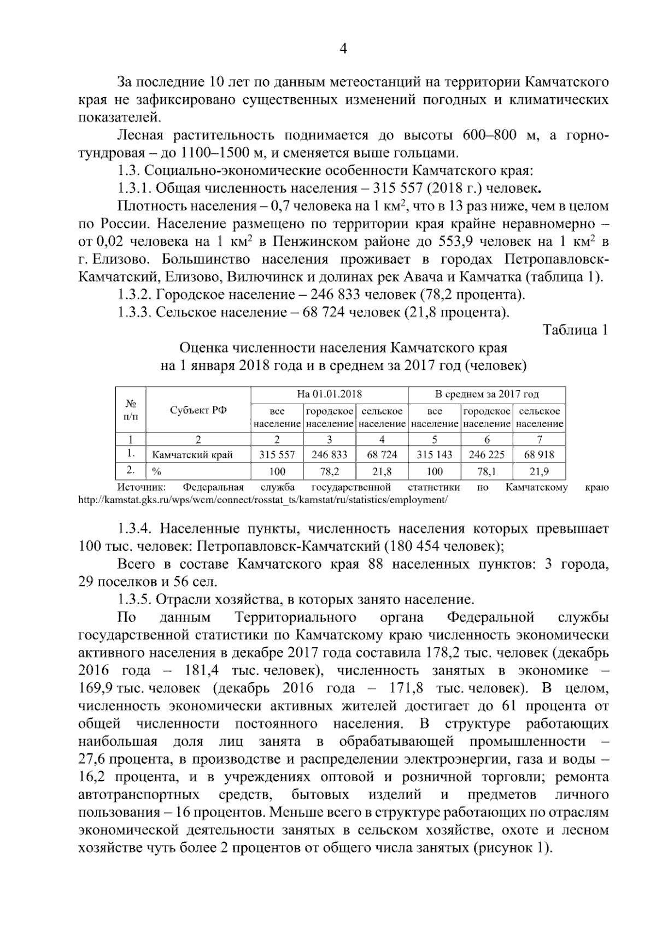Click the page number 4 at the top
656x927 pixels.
(x=343, y=49)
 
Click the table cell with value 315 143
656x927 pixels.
(x=435, y=454)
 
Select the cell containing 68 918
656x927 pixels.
(x=539, y=454)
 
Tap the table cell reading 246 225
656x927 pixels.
(x=487, y=454)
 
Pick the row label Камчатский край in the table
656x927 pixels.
(x=192, y=455)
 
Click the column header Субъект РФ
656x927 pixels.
(x=198, y=411)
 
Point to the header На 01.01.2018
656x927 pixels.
(x=329, y=394)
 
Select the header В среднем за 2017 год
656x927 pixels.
(x=487, y=394)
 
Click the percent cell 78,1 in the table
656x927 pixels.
(x=487, y=471)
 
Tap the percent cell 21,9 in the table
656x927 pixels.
(x=539, y=471)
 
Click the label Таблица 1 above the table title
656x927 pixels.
(x=575, y=329)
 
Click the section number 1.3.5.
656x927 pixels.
(x=134, y=599)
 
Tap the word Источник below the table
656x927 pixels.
(x=142, y=487)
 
